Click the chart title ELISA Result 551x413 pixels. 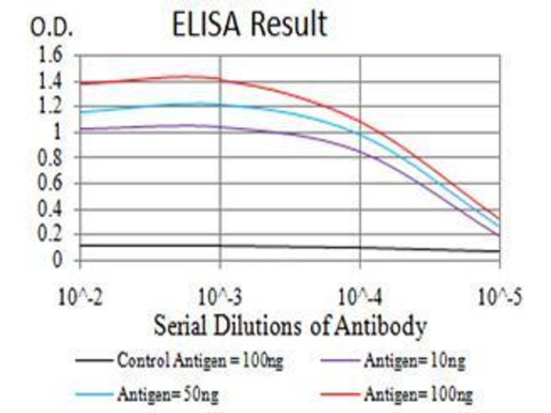(249, 25)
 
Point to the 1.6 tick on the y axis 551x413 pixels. (52, 54)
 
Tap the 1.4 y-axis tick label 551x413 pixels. (52, 81)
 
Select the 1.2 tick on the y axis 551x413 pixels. (52, 107)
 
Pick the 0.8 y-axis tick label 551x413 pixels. (52, 158)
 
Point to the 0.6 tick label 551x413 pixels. (52, 184)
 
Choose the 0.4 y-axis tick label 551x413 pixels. (52, 209)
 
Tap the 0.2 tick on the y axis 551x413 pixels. (52, 235)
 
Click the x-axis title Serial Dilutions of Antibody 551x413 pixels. (290, 324)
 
